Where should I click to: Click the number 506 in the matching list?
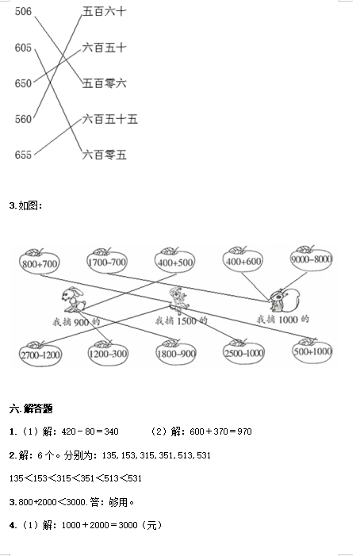[x=23, y=11]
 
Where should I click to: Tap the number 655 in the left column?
[x=23, y=155]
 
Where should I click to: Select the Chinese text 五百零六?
[x=104, y=83]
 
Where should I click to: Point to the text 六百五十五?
[x=110, y=119]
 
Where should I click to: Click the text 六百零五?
[x=104, y=155]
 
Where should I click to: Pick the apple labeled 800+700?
[x=40, y=261]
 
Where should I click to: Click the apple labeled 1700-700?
[x=107, y=261]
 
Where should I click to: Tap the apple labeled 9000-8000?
[x=311, y=258]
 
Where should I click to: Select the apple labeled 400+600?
[x=243, y=259]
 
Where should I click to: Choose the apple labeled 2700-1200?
[x=40, y=353]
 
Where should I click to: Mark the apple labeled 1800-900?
[x=176, y=352]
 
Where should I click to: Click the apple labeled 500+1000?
[x=312, y=350]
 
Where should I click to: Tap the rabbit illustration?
[x=74, y=300]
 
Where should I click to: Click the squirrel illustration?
[x=285, y=300]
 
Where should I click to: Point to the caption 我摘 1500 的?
[x=181, y=320]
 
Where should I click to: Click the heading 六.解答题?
[x=31, y=408]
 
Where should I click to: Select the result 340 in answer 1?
[x=111, y=431]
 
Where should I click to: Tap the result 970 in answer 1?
[x=244, y=431]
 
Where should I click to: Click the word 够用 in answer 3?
[x=118, y=502]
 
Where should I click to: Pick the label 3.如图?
[x=25, y=205]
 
